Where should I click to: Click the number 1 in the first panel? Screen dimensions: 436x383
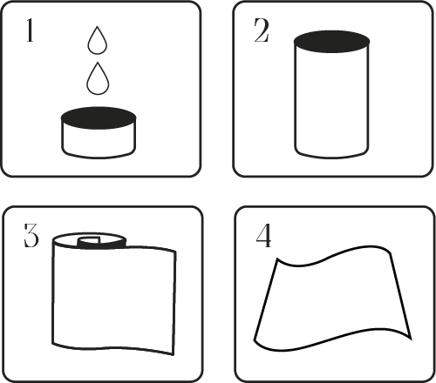tap(30, 30)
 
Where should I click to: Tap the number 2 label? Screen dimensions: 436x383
tap(262, 30)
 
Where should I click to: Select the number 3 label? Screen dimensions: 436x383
tap(31, 235)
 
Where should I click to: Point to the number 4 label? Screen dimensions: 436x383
tap(263, 236)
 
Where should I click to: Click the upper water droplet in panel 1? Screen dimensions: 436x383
tap(98, 41)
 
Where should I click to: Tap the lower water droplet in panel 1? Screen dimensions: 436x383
tap(98, 79)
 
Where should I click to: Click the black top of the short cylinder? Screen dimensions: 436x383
tap(99, 118)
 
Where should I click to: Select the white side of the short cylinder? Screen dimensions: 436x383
tap(99, 142)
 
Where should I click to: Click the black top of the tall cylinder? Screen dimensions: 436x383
tap(331, 42)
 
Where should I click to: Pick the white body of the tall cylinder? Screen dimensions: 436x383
tap(331, 103)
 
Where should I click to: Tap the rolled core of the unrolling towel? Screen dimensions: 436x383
tap(90, 240)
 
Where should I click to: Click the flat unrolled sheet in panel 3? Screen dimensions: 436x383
tap(114, 298)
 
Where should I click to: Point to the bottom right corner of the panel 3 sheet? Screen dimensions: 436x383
tap(174, 354)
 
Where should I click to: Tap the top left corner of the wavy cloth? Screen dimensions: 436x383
tap(277, 259)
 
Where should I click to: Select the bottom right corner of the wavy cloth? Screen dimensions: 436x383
tap(411, 339)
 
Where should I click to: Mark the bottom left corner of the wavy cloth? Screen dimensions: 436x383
tap(255, 340)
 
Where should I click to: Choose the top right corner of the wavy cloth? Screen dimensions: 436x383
tap(390, 252)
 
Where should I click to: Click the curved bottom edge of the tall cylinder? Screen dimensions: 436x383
tap(331, 158)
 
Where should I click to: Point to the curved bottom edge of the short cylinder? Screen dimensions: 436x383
tap(99, 158)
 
